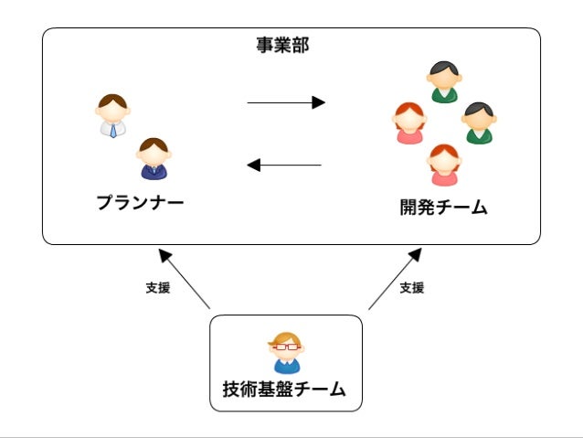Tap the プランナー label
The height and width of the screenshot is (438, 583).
[140, 202]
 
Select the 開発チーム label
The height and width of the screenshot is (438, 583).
[443, 208]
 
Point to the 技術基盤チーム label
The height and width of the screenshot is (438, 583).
[284, 390]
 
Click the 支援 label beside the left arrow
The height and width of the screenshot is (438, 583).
[157, 287]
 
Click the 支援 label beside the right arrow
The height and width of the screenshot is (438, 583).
[412, 287]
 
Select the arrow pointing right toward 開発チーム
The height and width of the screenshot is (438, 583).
[285, 102]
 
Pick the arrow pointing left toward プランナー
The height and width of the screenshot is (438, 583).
[285, 166]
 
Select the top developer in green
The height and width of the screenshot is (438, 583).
[444, 82]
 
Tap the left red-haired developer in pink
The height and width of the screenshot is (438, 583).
[408, 123]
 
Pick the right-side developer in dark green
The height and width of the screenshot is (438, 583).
[478, 123]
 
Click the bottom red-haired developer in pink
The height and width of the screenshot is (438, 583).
[444, 165]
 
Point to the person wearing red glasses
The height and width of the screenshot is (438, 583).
[285, 353]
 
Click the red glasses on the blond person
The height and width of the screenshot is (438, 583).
[285, 347]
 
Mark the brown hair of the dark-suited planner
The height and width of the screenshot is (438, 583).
[154, 144]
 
